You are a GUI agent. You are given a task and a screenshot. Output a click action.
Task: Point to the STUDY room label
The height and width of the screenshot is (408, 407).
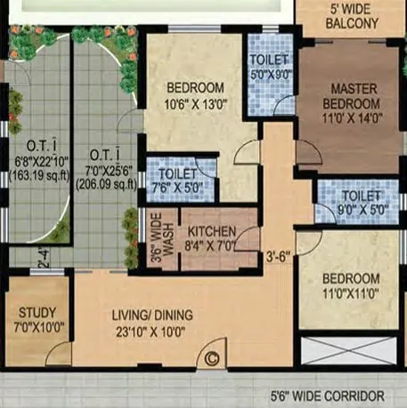click(x=37, y=313)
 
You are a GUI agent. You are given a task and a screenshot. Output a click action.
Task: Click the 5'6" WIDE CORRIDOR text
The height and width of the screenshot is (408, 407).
click(x=328, y=396)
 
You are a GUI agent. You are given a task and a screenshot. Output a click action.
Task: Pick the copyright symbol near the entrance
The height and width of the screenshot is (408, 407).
click(x=212, y=358)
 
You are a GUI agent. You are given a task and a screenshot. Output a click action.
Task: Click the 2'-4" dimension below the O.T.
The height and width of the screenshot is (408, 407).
click(x=43, y=260)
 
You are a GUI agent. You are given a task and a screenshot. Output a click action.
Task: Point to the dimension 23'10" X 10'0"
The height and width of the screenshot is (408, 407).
click(x=149, y=331)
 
